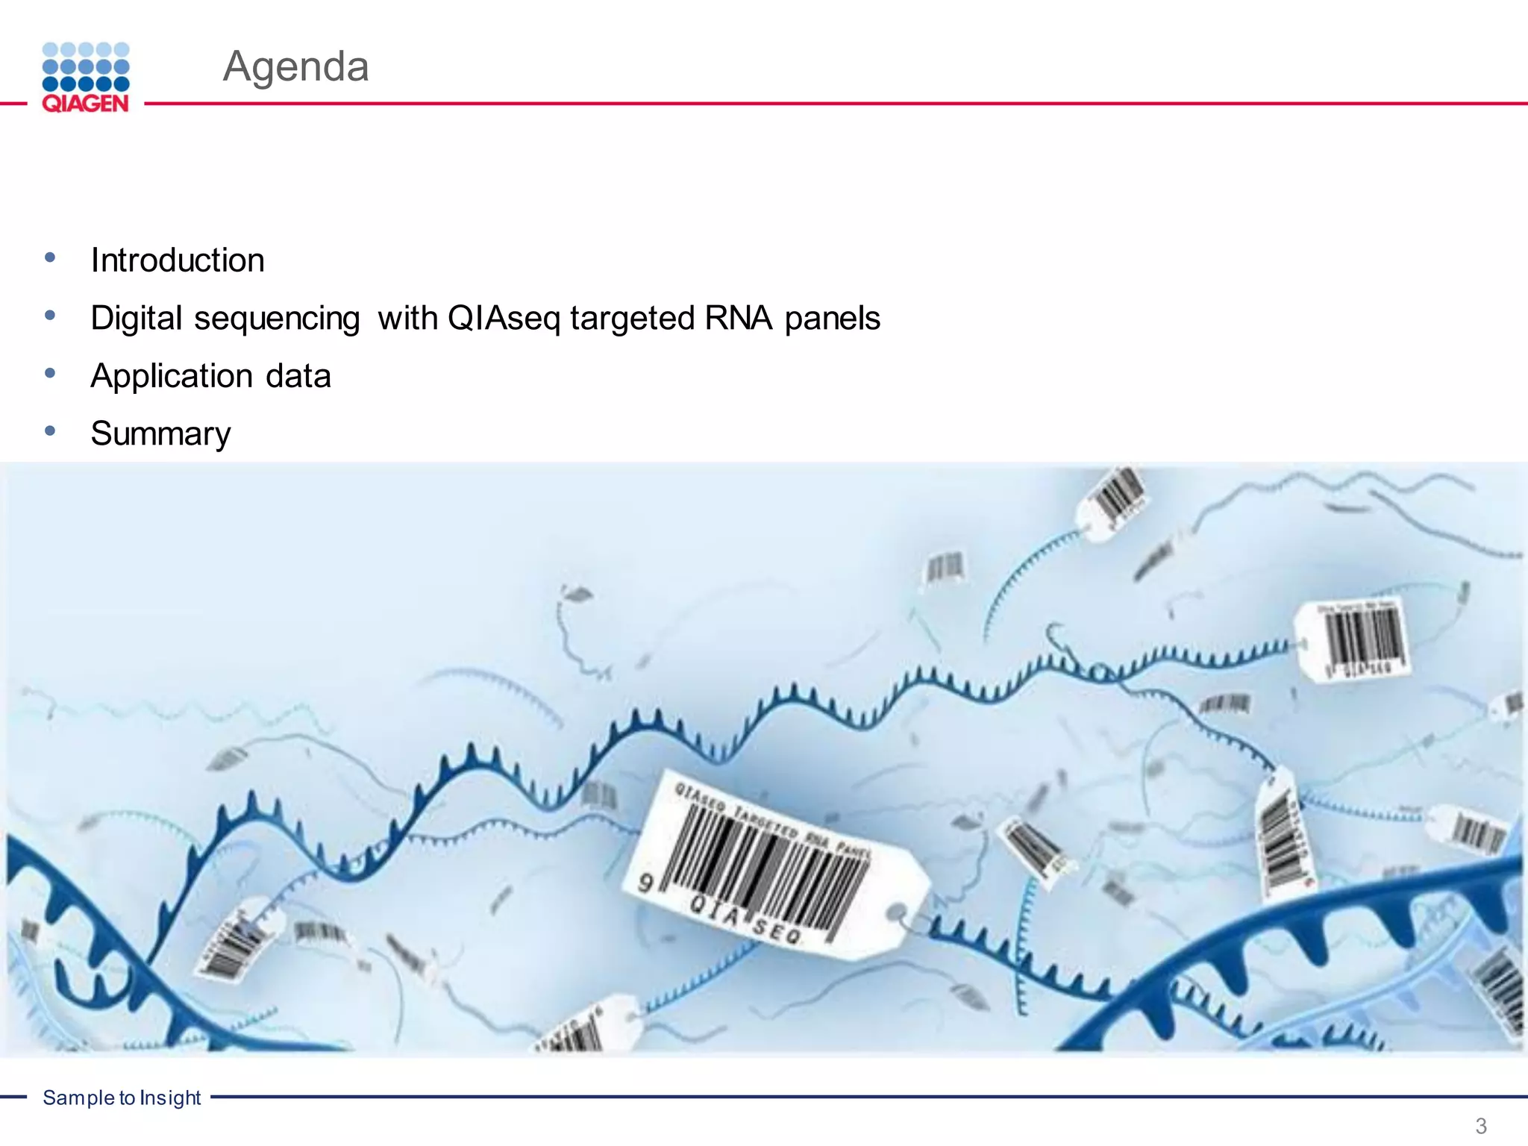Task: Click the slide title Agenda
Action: (x=295, y=66)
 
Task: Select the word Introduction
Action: (x=178, y=260)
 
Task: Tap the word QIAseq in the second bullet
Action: (x=504, y=319)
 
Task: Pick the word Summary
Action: (x=160, y=433)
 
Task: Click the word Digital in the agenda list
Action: (x=137, y=319)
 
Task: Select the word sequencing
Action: (x=277, y=319)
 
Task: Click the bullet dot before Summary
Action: (x=50, y=430)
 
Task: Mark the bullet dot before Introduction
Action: (x=50, y=257)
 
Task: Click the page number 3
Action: (x=1480, y=1126)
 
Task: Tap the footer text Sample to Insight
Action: (x=122, y=1098)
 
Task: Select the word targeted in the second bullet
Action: (x=633, y=319)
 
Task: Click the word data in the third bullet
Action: (x=298, y=376)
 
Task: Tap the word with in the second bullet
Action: (x=407, y=318)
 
